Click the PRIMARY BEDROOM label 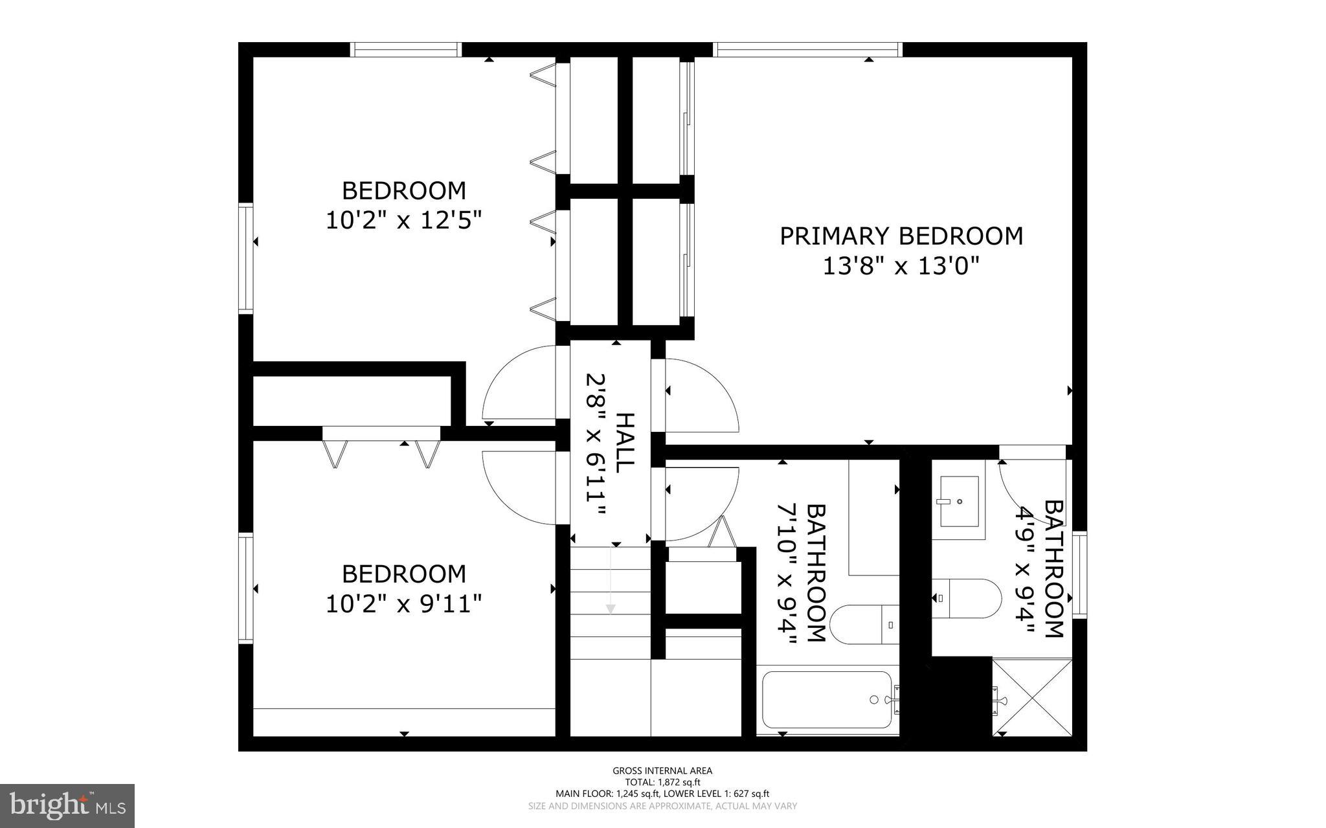tap(901, 236)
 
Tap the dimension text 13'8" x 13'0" tap(901, 266)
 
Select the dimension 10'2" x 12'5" tap(404, 221)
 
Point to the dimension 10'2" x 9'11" tap(404, 604)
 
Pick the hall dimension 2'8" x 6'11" tap(595, 444)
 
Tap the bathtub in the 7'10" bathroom tap(827, 700)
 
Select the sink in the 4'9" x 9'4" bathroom tap(959, 501)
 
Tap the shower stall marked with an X tap(1032, 697)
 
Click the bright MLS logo tap(67, 806)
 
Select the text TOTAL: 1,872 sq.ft tap(662, 782)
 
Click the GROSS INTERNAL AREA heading tap(662, 770)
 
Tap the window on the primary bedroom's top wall tap(807, 49)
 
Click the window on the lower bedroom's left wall tap(245, 588)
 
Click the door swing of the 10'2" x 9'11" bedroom tap(518, 489)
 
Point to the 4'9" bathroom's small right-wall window tap(1079, 574)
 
